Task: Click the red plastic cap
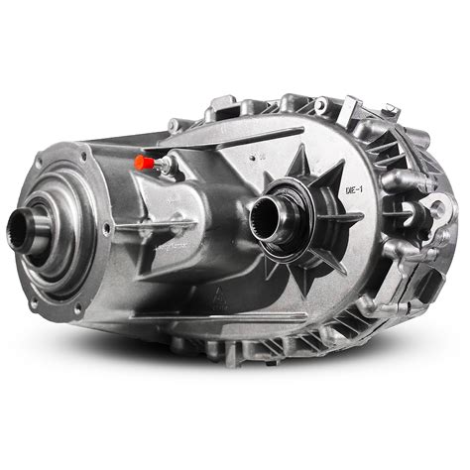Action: (x=143, y=161)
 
